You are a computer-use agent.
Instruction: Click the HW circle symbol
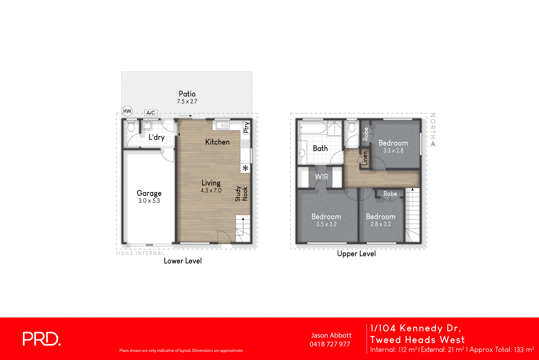click(x=127, y=111)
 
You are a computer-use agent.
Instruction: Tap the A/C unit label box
click(x=151, y=113)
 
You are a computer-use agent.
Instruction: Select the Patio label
click(x=187, y=94)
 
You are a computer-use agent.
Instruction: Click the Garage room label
click(x=149, y=193)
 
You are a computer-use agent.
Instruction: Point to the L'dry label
click(x=157, y=137)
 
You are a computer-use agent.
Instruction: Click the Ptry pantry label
click(x=246, y=128)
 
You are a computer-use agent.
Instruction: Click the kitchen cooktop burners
click(x=245, y=144)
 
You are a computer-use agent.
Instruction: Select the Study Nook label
click(x=241, y=194)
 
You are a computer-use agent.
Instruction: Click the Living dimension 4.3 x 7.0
click(x=211, y=190)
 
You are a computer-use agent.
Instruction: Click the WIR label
click(x=321, y=177)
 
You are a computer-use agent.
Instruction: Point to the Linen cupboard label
click(x=365, y=158)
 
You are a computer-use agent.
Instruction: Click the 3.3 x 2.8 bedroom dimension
click(x=393, y=151)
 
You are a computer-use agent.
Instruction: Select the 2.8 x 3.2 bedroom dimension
click(x=381, y=224)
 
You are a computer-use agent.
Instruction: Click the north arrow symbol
click(x=433, y=144)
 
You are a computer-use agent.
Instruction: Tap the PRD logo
click(x=41, y=339)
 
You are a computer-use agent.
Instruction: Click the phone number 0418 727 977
click(x=330, y=344)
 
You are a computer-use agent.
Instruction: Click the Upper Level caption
click(x=356, y=254)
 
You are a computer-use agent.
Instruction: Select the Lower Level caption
click(x=183, y=261)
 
